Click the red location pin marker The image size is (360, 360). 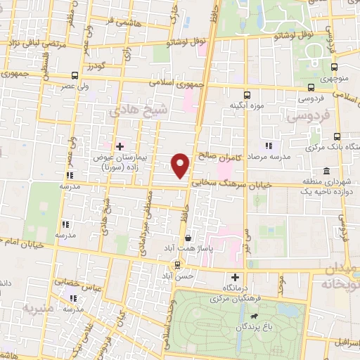(x=181, y=165)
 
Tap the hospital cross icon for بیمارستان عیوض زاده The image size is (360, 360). (x=120, y=146)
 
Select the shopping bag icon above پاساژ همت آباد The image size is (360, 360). (x=187, y=238)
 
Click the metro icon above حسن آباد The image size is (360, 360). (x=177, y=264)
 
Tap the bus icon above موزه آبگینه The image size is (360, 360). (x=246, y=95)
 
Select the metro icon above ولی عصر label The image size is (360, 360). (x=75, y=76)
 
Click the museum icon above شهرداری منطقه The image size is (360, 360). (x=326, y=171)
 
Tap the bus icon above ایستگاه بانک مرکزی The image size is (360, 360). (x=337, y=136)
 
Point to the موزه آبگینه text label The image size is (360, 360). (x=246, y=106)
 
